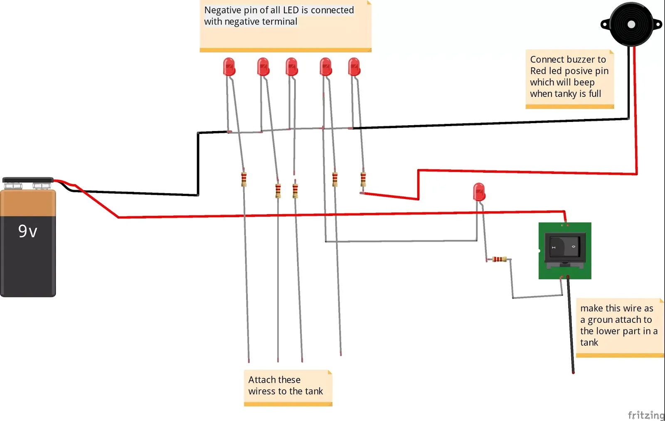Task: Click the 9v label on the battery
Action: pos(27,231)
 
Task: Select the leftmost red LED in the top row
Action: pos(229,67)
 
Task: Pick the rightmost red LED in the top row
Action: pos(354,67)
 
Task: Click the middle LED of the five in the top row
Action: pos(291,67)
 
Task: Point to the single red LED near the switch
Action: pos(479,192)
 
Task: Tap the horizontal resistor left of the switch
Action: pos(499,259)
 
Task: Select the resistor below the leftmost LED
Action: pos(244,179)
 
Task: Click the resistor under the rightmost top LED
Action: pos(363,179)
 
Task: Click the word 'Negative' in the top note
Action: pos(222,10)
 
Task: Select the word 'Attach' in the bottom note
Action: pos(261,380)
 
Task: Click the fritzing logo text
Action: pos(645,415)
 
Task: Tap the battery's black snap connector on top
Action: pos(28,181)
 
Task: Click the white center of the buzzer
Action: pos(631,25)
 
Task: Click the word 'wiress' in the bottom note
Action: pos(261,391)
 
